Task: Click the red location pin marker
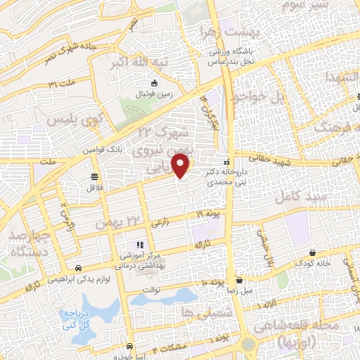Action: tap(182, 167)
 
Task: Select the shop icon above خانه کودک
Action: tap(311, 252)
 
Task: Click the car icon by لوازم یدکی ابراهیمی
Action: tap(78, 268)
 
